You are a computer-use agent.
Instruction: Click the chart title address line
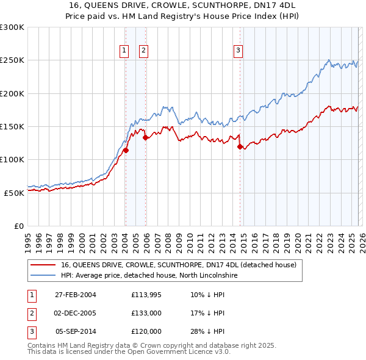tap(182, 5)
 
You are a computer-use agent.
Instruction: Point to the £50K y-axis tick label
tap(13, 192)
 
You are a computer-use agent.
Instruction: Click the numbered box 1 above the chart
tap(124, 51)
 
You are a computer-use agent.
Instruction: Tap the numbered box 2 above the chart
tap(144, 51)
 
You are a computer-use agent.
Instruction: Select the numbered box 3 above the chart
tap(238, 51)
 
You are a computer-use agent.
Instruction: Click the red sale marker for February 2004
tap(126, 150)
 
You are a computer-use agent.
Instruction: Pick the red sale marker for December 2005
tap(145, 138)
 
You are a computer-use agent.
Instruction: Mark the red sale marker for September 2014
tap(240, 146)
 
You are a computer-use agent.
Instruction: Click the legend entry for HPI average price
tap(145, 275)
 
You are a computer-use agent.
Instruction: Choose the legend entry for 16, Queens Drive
tap(178, 265)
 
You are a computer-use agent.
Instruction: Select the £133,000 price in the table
tap(146, 313)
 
